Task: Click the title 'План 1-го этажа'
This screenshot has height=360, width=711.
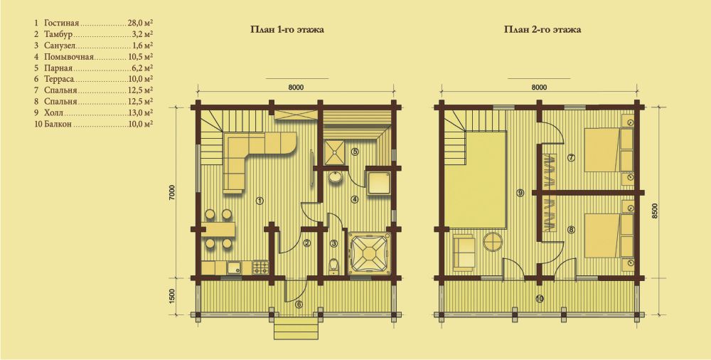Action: point(287,30)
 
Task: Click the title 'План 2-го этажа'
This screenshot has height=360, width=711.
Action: point(542,30)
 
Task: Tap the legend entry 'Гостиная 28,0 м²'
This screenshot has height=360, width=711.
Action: point(93,22)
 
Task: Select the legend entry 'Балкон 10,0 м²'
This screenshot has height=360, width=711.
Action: point(93,124)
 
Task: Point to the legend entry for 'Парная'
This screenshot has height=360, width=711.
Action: point(93,68)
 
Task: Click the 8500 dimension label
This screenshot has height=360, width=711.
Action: point(657,211)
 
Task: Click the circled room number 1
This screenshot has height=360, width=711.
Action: point(259,201)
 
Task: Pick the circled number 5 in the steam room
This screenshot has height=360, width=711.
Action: point(355,152)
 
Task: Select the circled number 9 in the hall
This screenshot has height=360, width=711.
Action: point(520,193)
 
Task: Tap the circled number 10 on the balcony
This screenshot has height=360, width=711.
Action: point(539,298)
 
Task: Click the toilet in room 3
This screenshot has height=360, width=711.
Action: point(334,266)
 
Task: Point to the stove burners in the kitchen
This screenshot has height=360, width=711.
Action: point(260,267)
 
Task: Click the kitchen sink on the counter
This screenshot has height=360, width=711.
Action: point(233,268)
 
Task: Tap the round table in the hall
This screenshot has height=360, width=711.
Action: point(493,242)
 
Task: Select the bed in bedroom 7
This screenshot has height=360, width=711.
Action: point(602,150)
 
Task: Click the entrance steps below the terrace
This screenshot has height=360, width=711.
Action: point(296,327)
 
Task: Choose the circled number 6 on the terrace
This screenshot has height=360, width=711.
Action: point(299,305)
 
